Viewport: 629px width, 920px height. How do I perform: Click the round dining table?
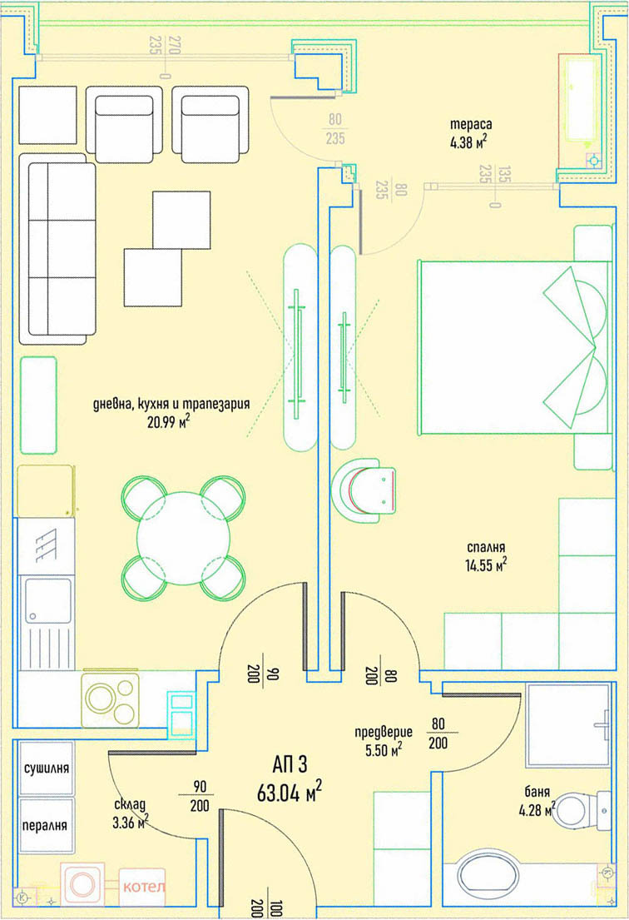click(184, 538)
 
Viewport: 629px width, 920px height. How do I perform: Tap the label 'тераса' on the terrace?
click(471, 124)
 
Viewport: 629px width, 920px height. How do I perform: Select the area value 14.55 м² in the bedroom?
click(485, 565)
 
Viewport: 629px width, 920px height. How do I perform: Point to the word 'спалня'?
click(486, 548)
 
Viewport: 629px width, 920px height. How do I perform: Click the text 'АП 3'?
click(290, 764)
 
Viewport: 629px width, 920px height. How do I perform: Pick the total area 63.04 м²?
click(290, 791)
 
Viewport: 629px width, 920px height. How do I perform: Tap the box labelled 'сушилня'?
click(47, 768)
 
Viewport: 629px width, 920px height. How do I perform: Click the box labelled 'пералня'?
click(47, 826)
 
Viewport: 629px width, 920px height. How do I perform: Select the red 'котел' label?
click(144, 886)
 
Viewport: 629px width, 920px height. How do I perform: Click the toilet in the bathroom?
click(581, 810)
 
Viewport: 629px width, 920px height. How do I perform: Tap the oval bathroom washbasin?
click(488, 875)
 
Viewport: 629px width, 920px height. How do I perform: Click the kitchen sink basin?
click(48, 601)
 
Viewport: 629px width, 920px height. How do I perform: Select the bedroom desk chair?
click(364, 490)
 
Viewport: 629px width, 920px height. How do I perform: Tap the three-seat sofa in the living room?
click(57, 249)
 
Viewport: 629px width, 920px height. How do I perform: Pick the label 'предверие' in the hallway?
click(384, 732)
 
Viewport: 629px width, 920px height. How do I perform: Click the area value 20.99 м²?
click(169, 422)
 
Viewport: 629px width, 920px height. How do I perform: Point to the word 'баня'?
click(537, 792)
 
